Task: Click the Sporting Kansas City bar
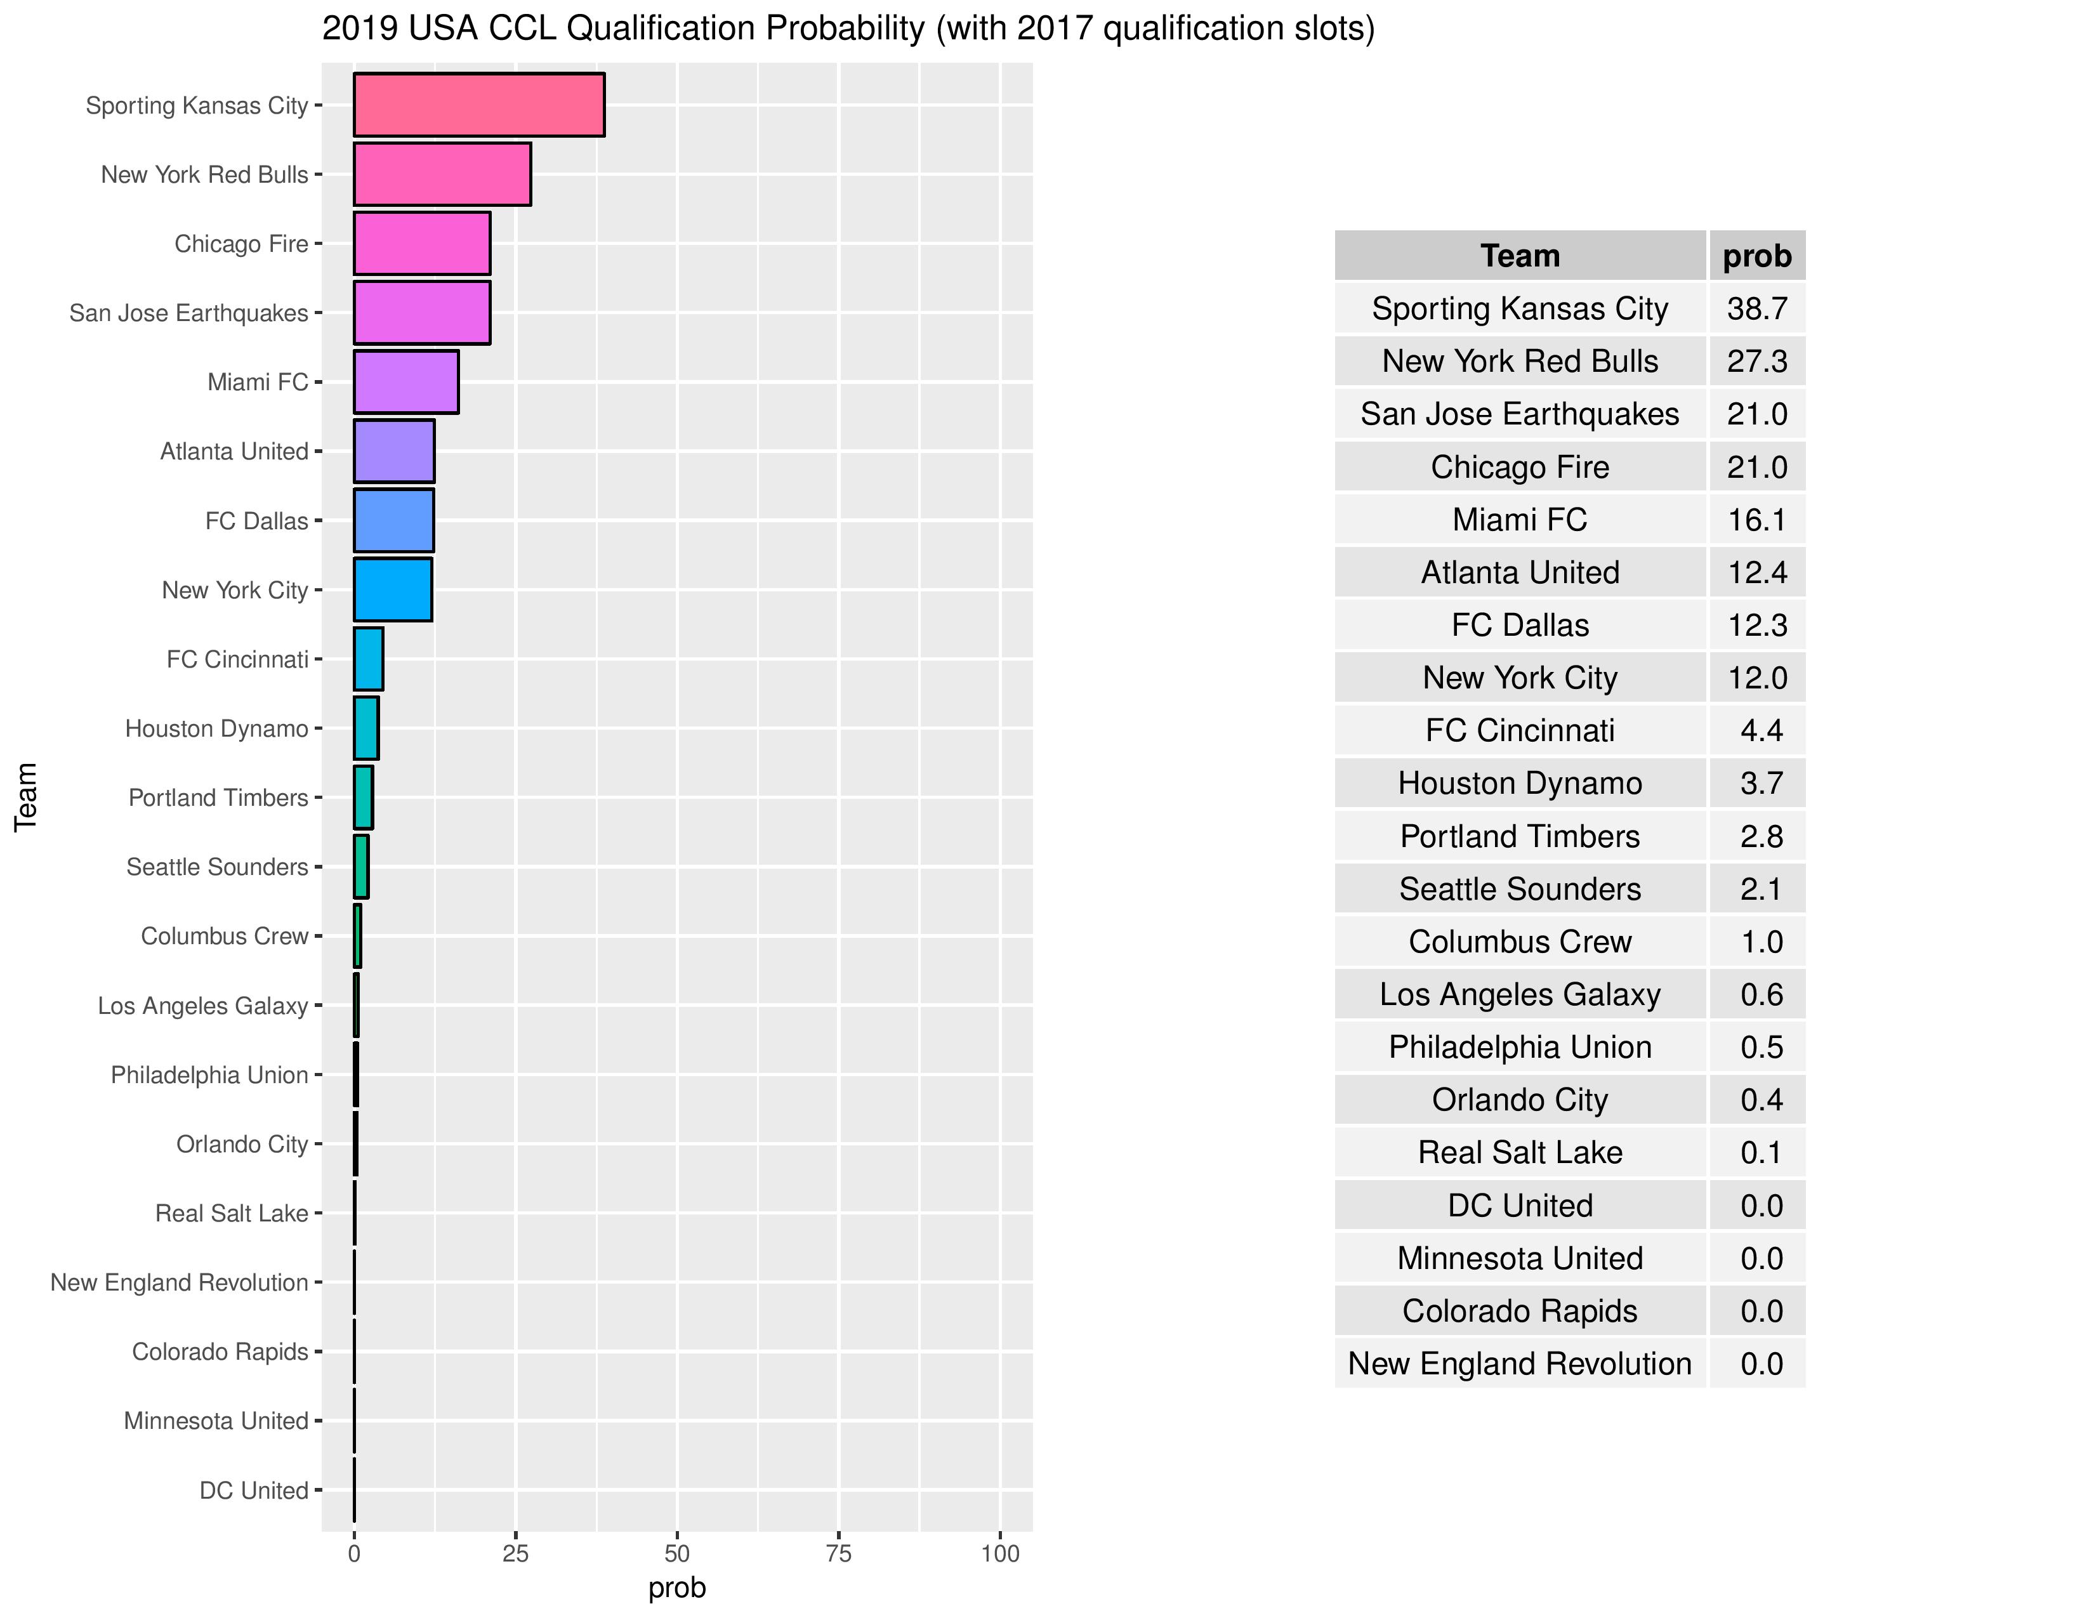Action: (x=478, y=105)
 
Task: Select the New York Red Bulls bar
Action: (x=442, y=174)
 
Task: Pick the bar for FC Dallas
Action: (x=393, y=520)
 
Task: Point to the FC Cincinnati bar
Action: (x=368, y=659)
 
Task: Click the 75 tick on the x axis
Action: (x=839, y=1554)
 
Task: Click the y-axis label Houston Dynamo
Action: (x=216, y=728)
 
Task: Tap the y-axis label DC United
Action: (x=253, y=1490)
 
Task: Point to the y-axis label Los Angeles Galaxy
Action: (x=202, y=1006)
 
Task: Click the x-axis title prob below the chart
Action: (x=677, y=1588)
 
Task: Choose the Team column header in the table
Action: (x=1520, y=256)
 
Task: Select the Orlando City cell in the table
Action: (x=1520, y=1100)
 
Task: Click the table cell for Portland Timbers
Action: (x=1520, y=836)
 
